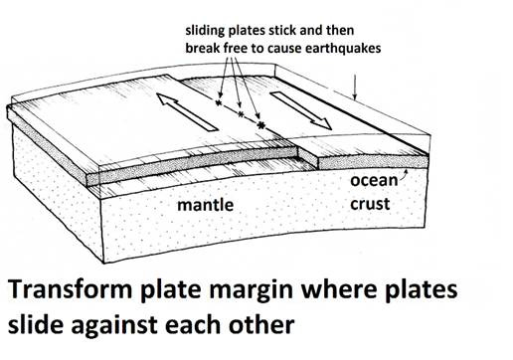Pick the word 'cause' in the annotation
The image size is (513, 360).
coord(288,48)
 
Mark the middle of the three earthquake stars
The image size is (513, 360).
coord(241,114)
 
